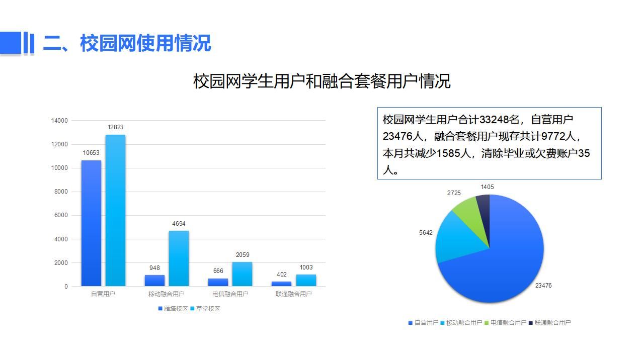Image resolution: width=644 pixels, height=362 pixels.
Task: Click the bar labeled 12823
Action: coord(115,210)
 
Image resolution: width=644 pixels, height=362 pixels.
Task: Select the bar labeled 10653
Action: coord(91,223)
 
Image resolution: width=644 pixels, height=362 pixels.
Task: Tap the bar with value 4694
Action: coord(179,258)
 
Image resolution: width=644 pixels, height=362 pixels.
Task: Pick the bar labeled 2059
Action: coord(242,274)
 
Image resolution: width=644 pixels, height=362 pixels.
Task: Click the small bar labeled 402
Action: coord(281,284)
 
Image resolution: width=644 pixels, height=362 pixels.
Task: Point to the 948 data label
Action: coord(154,268)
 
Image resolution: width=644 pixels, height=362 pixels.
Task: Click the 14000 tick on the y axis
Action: coord(59,121)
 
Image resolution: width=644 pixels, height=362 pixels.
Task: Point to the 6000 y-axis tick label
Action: coord(61,215)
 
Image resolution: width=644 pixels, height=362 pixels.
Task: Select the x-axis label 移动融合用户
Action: coord(166,294)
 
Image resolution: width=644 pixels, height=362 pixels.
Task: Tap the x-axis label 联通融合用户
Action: coord(293,294)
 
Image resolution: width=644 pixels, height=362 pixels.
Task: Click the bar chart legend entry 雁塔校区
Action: coord(173,309)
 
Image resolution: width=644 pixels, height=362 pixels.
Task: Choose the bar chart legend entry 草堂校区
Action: coord(205,309)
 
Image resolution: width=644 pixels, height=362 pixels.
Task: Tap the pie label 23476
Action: coord(543,285)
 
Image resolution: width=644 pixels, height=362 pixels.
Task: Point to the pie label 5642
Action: coord(426,233)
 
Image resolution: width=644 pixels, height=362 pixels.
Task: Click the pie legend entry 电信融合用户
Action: coord(506,323)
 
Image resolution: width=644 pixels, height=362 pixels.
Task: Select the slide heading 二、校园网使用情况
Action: coord(127,43)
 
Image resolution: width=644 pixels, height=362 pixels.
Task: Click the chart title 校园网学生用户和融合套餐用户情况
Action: coord(321,81)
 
